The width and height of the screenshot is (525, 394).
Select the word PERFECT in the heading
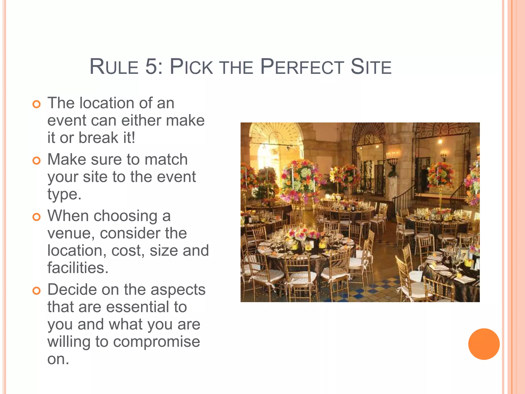[302, 67]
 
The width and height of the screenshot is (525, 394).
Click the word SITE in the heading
[371, 67]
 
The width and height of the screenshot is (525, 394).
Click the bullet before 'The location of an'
[37, 104]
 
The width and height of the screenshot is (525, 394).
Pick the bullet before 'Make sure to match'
[37, 161]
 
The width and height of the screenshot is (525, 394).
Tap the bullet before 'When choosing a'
[37, 217]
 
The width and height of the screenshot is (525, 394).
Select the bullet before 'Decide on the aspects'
[37, 291]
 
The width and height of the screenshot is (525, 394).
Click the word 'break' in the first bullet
[98, 137]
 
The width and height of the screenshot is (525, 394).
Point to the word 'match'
[166, 159]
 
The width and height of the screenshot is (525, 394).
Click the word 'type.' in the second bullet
[64, 194]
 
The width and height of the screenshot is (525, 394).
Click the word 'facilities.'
[78, 268]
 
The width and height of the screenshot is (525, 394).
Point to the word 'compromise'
[156, 342]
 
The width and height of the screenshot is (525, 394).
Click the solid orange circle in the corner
[484, 344]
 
